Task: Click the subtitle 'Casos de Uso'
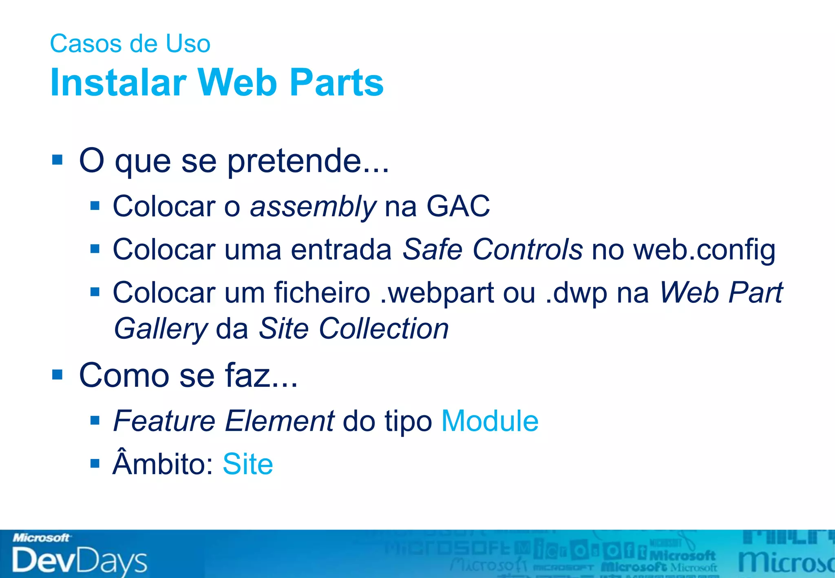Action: pos(130,44)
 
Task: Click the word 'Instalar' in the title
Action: pos(118,83)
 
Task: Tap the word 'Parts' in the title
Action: pos(337,83)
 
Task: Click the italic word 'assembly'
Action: pos(313,207)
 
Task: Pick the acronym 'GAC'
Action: pos(458,206)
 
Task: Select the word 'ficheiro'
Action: pos(322,293)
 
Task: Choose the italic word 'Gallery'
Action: pos(161,329)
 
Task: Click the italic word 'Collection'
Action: pos(383,328)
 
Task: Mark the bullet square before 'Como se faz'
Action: pos(57,374)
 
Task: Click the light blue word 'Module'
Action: pos(490,421)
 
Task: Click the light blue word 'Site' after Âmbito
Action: pos(247,464)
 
